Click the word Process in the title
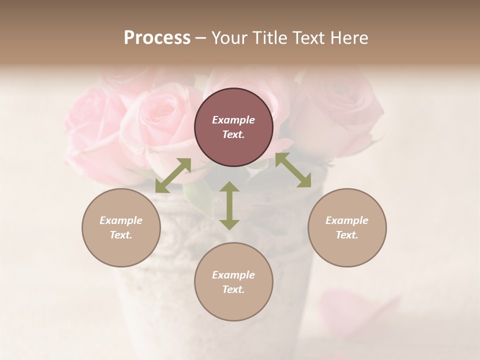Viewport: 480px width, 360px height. pos(157,37)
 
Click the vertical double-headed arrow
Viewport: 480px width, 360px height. pos(229,205)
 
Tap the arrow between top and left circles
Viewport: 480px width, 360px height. pos(173,175)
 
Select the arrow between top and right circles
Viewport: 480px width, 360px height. pos(293,170)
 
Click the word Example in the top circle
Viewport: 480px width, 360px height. pos(233,120)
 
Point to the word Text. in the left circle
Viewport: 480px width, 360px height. pos(121,235)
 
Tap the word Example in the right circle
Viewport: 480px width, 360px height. pos(346,220)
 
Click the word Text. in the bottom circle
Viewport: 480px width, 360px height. pos(233,289)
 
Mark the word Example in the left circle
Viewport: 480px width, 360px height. pos(121,220)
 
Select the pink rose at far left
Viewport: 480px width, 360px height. pos(90,125)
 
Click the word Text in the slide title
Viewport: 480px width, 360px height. pos(309,37)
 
